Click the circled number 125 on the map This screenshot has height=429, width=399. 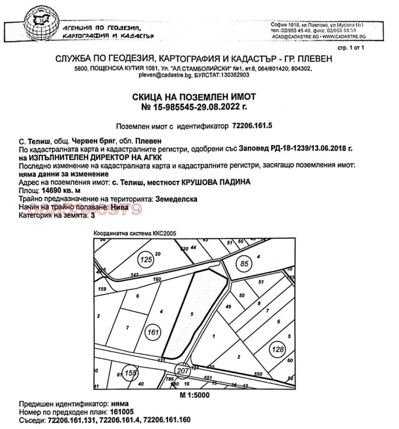(146, 260)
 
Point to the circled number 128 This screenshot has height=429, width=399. (277, 350)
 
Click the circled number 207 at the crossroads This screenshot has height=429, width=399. (182, 371)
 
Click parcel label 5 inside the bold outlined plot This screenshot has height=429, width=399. (192, 313)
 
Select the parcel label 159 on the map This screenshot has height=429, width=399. (103, 289)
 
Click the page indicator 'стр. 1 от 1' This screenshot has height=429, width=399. (352, 47)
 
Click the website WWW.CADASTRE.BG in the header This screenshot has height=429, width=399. (345, 37)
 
